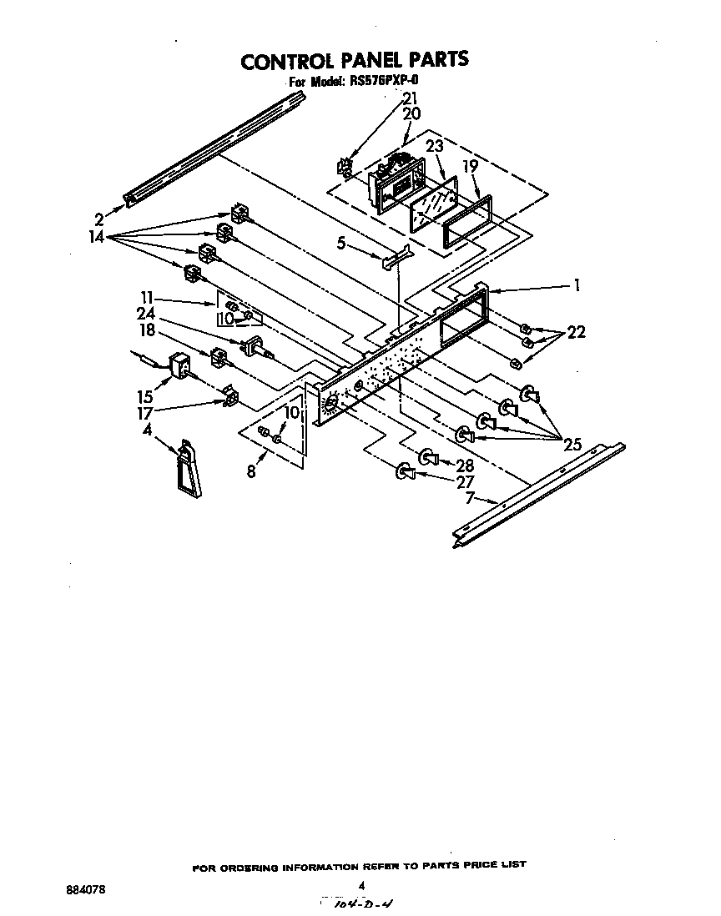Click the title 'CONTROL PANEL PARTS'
tap(355, 60)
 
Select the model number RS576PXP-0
tap(389, 82)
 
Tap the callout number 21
tap(411, 98)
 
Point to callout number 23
tap(434, 146)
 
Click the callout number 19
tap(471, 166)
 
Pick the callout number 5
tap(341, 244)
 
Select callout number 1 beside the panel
tap(576, 285)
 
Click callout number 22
tap(575, 332)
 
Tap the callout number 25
tap(572, 444)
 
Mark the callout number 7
tap(470, 498)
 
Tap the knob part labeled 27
tap(405, 473)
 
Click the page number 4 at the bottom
tap(361, 886)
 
